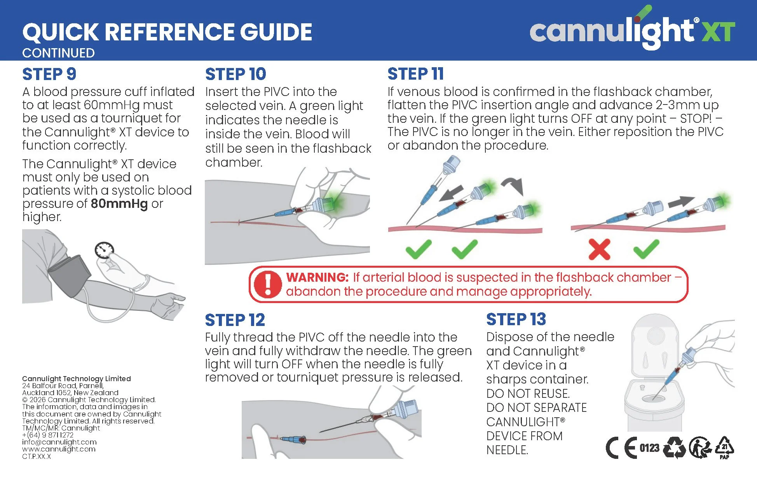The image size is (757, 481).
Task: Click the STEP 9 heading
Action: [x=49, y=74]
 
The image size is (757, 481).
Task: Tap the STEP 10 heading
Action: [x=235, y=74]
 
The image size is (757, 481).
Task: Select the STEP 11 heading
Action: [x=415, y=73]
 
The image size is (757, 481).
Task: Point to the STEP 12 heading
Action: [x=235, y=320]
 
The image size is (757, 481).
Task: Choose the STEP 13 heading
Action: [x=516, y=319]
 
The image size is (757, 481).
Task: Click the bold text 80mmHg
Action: [x=119, y=204]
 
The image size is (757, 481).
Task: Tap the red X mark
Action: [x=599, y=249]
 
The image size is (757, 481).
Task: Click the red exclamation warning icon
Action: [x=267, y=284]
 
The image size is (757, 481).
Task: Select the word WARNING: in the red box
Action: [x=317, y=277]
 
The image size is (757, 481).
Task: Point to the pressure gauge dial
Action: [x=105, y=250]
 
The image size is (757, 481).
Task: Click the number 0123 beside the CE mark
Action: [x=649, y=448]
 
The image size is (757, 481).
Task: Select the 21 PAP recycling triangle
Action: [x=724, y=448]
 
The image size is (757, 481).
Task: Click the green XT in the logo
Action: [x=718, y=31]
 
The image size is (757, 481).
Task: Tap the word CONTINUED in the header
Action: [x=58, y=53]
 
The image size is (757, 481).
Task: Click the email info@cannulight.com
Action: [x=59, y=442]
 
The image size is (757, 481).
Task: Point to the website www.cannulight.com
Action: [x=59, y=449]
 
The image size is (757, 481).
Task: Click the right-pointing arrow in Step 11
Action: [x=681, y=202]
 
